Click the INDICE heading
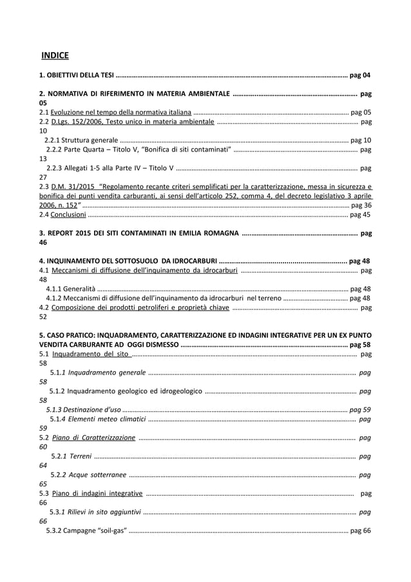[x=55, y=55]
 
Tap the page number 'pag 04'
[x=359, y=76]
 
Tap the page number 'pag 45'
[x=360, y=215]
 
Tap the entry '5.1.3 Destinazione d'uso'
[x=83, y=409]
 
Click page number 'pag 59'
[x=360, y=409]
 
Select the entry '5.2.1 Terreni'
[x=71, y=456]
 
